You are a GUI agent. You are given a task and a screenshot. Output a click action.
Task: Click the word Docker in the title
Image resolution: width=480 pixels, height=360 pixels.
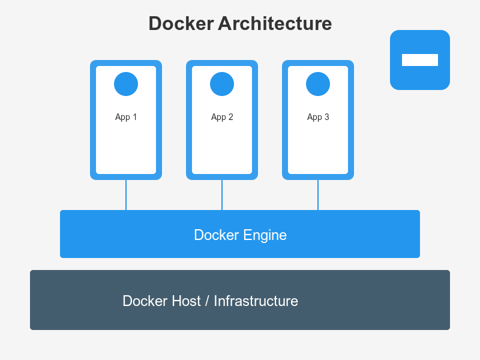point(181,24)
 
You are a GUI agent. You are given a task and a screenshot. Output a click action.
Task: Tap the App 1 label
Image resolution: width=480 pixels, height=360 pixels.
point(126,117)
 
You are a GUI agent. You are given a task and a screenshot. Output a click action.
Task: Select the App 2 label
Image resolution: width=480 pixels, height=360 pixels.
point(222,117)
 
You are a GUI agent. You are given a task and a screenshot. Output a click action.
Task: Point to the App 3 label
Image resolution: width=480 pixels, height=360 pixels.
point(318,117)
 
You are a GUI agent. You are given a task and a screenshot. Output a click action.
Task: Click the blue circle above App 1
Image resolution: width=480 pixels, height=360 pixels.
point(126,84)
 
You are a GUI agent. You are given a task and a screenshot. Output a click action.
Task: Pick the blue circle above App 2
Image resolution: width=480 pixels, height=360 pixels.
point(222,84)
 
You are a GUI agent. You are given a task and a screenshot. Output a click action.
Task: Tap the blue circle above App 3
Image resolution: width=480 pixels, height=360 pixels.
point(318,84)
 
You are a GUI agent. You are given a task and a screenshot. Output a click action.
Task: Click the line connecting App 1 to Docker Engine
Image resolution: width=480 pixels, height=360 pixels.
point(126,195)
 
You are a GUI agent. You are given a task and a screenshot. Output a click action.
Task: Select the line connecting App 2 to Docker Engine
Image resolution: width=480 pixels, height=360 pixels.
point(222,195)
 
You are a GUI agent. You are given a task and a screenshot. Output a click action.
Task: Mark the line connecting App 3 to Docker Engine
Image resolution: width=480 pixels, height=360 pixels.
point(318,195)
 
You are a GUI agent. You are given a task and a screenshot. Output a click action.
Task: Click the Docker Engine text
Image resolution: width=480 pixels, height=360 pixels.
point(240,235)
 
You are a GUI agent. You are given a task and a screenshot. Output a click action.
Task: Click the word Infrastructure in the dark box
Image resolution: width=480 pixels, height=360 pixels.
point(256,301)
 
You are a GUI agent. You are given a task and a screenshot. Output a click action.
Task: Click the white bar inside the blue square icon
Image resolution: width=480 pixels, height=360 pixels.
point(420,60)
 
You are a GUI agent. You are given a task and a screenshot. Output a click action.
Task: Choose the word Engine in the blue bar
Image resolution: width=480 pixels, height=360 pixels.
point(265,235)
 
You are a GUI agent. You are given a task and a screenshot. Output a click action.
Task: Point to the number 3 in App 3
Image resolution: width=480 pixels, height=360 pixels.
point(326,117)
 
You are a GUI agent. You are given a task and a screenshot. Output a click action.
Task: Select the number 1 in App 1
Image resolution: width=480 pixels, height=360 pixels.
point(134,117)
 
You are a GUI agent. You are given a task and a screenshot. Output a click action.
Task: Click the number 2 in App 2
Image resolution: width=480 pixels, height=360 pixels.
point(230,117)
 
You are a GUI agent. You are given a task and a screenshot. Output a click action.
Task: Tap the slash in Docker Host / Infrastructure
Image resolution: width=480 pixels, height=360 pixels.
point(208,301)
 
